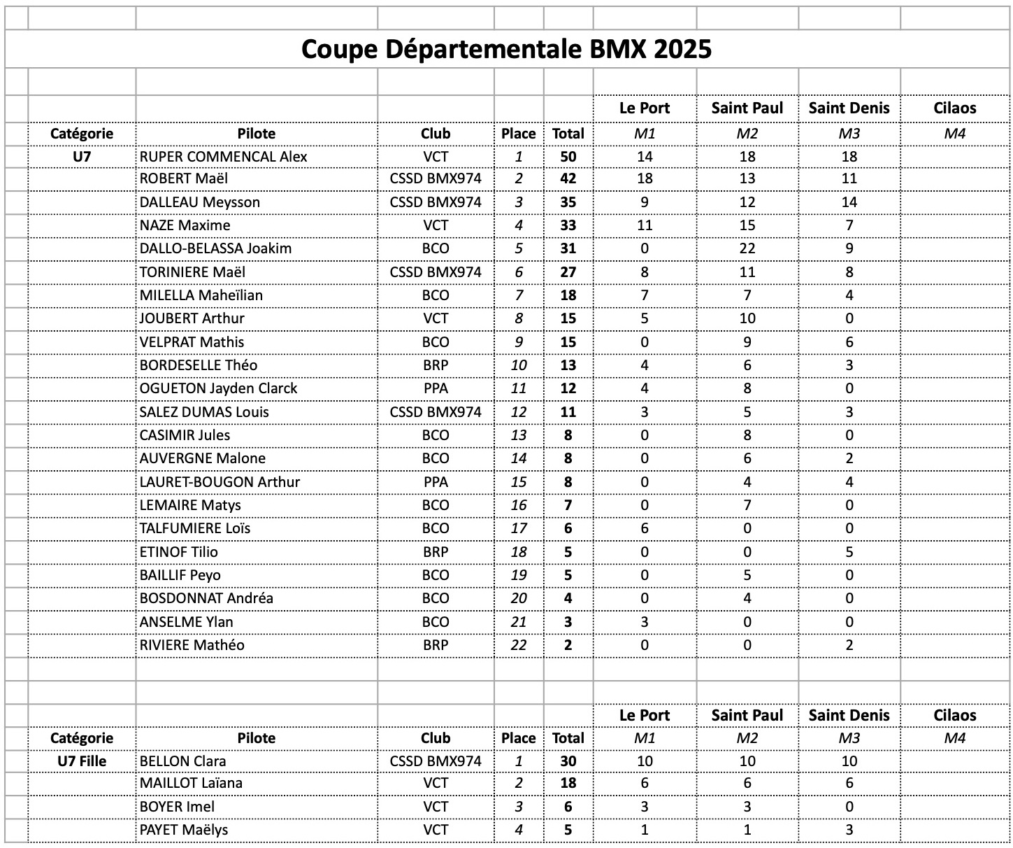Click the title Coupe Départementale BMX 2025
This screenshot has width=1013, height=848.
(506, 49)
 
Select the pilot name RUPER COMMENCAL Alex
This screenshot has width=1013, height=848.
(223, 156)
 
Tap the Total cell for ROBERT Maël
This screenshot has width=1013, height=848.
(568, 178)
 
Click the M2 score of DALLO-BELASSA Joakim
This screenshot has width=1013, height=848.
(747, 248)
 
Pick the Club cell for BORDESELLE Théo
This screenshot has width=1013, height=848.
(435, 365)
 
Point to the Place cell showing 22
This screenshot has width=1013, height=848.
(518, 645)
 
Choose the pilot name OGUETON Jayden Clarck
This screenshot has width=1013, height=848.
(218, 388)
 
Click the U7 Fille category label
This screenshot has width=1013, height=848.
(82, 761)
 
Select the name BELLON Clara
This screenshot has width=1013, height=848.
(182, 761)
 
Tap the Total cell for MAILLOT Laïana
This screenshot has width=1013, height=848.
(568, 783)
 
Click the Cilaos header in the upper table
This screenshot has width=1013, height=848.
(954, 108)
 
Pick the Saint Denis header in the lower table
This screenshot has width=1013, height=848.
(849, 715)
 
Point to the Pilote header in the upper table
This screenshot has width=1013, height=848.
(256, 133)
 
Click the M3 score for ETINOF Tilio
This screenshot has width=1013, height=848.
(849, 552)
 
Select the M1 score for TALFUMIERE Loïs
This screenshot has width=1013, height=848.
(644, 528)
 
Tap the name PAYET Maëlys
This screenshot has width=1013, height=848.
(183, 830)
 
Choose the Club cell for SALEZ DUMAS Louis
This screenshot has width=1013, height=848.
(435, 412)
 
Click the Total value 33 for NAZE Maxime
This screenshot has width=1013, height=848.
(568, 225)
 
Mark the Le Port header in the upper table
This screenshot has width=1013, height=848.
(644, 108)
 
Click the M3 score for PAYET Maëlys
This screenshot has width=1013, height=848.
(849, 830)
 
